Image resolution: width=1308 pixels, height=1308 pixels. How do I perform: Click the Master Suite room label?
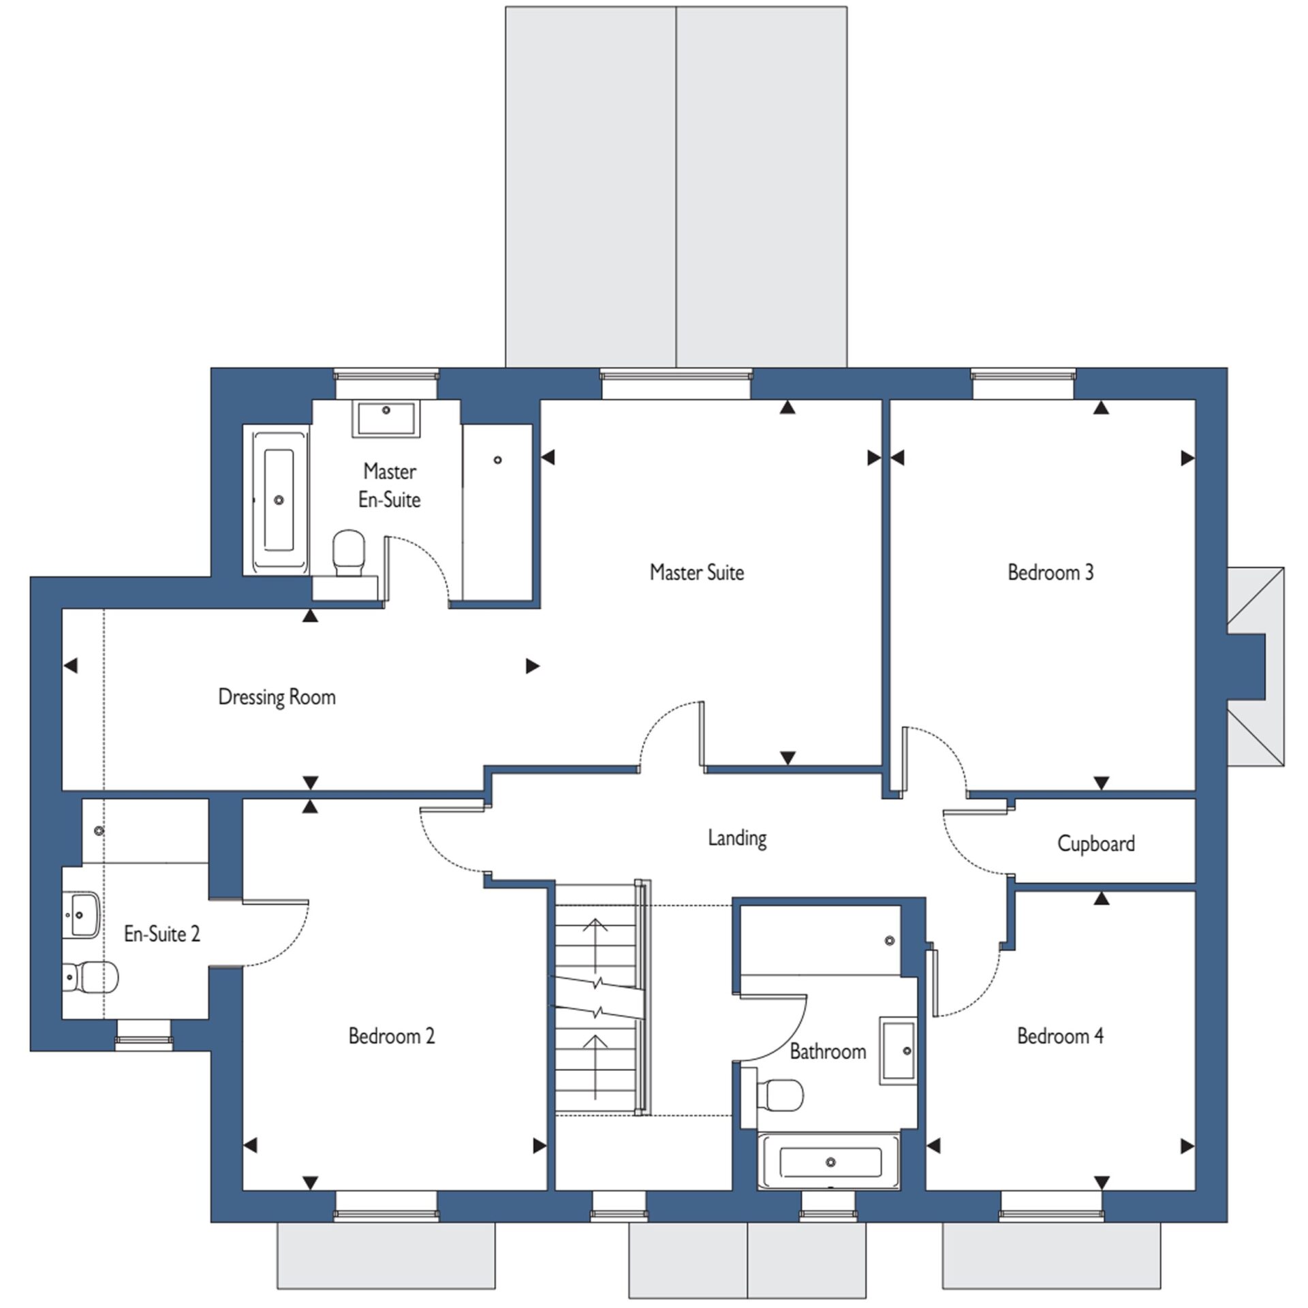coord(696,572)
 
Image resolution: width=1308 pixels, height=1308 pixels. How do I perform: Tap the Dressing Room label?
coord(277,697)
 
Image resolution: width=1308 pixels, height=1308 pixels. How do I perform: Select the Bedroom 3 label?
coord(1050,572)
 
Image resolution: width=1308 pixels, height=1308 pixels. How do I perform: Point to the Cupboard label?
coord(1095,843)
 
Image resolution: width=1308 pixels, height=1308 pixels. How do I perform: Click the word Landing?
coord(737,838)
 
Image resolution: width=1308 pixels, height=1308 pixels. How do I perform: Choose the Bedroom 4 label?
coord(1060,1035)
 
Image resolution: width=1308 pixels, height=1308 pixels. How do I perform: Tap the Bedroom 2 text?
coord(391,1035)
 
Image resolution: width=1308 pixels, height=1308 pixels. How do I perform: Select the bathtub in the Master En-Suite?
coord(278,500)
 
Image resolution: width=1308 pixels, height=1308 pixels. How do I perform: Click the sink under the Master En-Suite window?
coord(386,418)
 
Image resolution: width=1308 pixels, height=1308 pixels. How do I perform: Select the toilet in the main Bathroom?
coord(781,1096)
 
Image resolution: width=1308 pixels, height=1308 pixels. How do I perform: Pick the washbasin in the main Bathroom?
coord(898,1050)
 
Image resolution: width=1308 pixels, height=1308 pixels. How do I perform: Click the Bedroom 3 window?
coord(1023,375)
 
